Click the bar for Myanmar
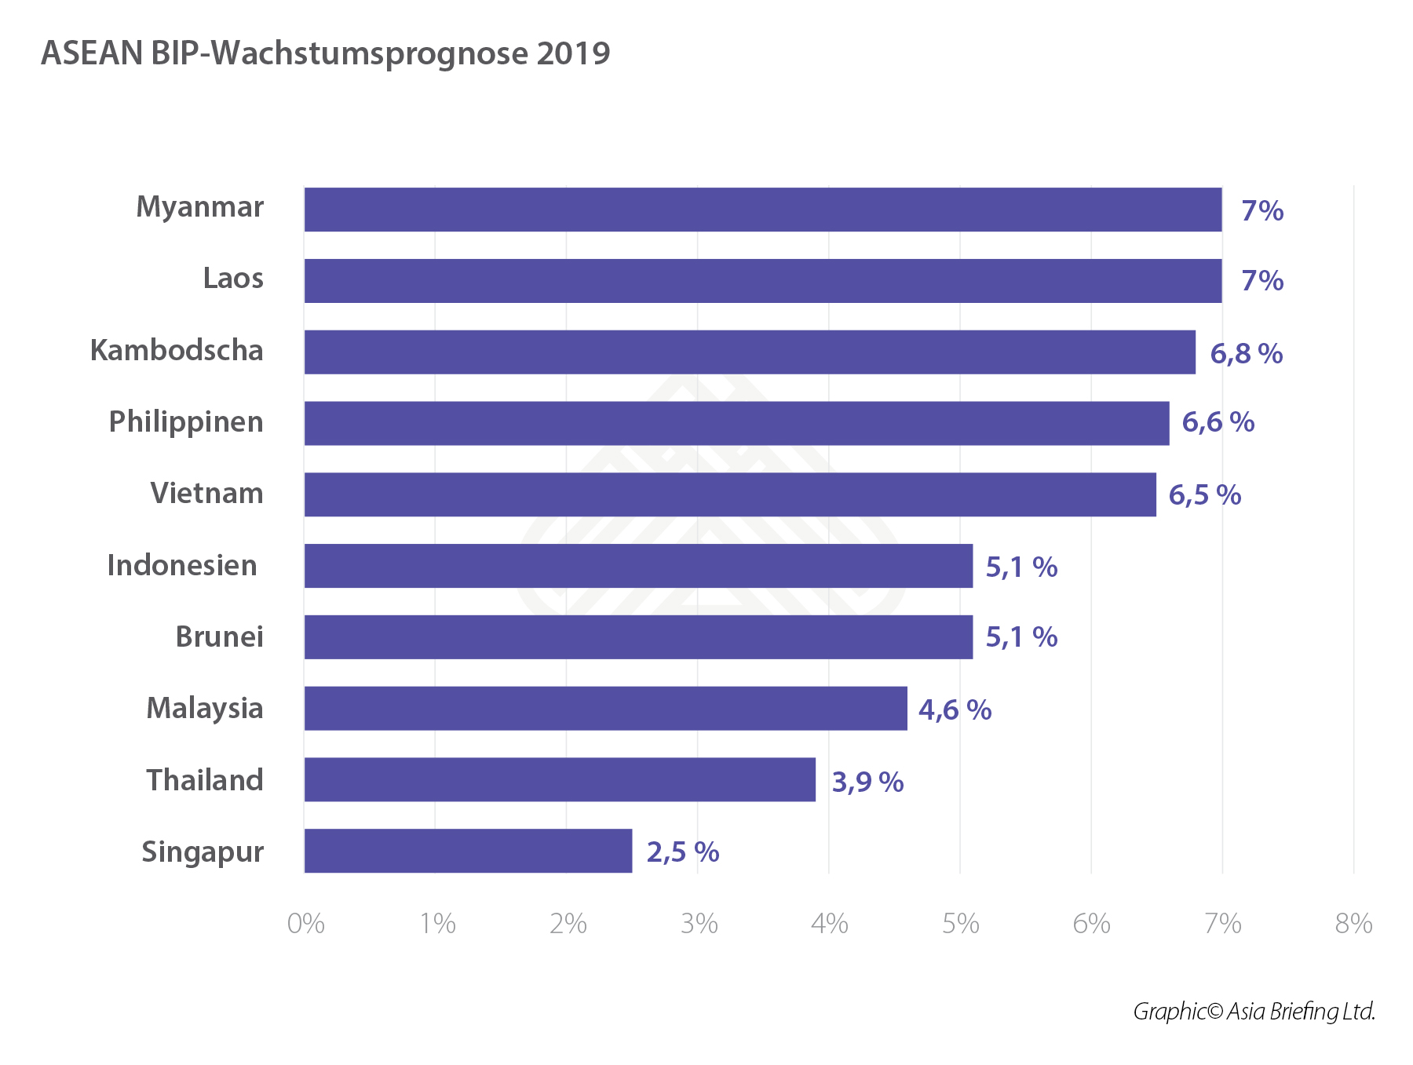pyautogui.click(x=762, y=210)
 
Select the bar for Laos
pyautogui.click(x=762, y=281)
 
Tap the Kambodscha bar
pyautogui.click(x=750, y=352)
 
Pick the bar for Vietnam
pyautogui.click(x=730, y=494)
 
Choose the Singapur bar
pyautogui.click(x=468, y=851)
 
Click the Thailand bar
pyautogui.click(x=560, y=779)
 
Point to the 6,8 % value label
pyautogui.click(x=1246, y=354)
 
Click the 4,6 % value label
pyautogui.click(x=955, y=710)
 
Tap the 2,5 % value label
pyautogui.click(x=682, y=852)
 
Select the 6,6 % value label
pyautogui.click(x=1218, y=422)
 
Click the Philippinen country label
pyautogui.click(x=186, y=422)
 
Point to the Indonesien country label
pyautogui.click(x=182, y=566)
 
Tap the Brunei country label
pyautogui.click(x=219, y=636)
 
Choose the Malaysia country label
pyautogui.click(x=204, y=709)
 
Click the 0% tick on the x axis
pyautogui.click(x=305, y=924)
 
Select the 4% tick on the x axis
pyautogui.click(x=829, y=924)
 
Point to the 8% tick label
pyautogui.click(x=1353, y=924)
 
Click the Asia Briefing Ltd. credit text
pyautogui.click(x=1300, y=1011)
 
